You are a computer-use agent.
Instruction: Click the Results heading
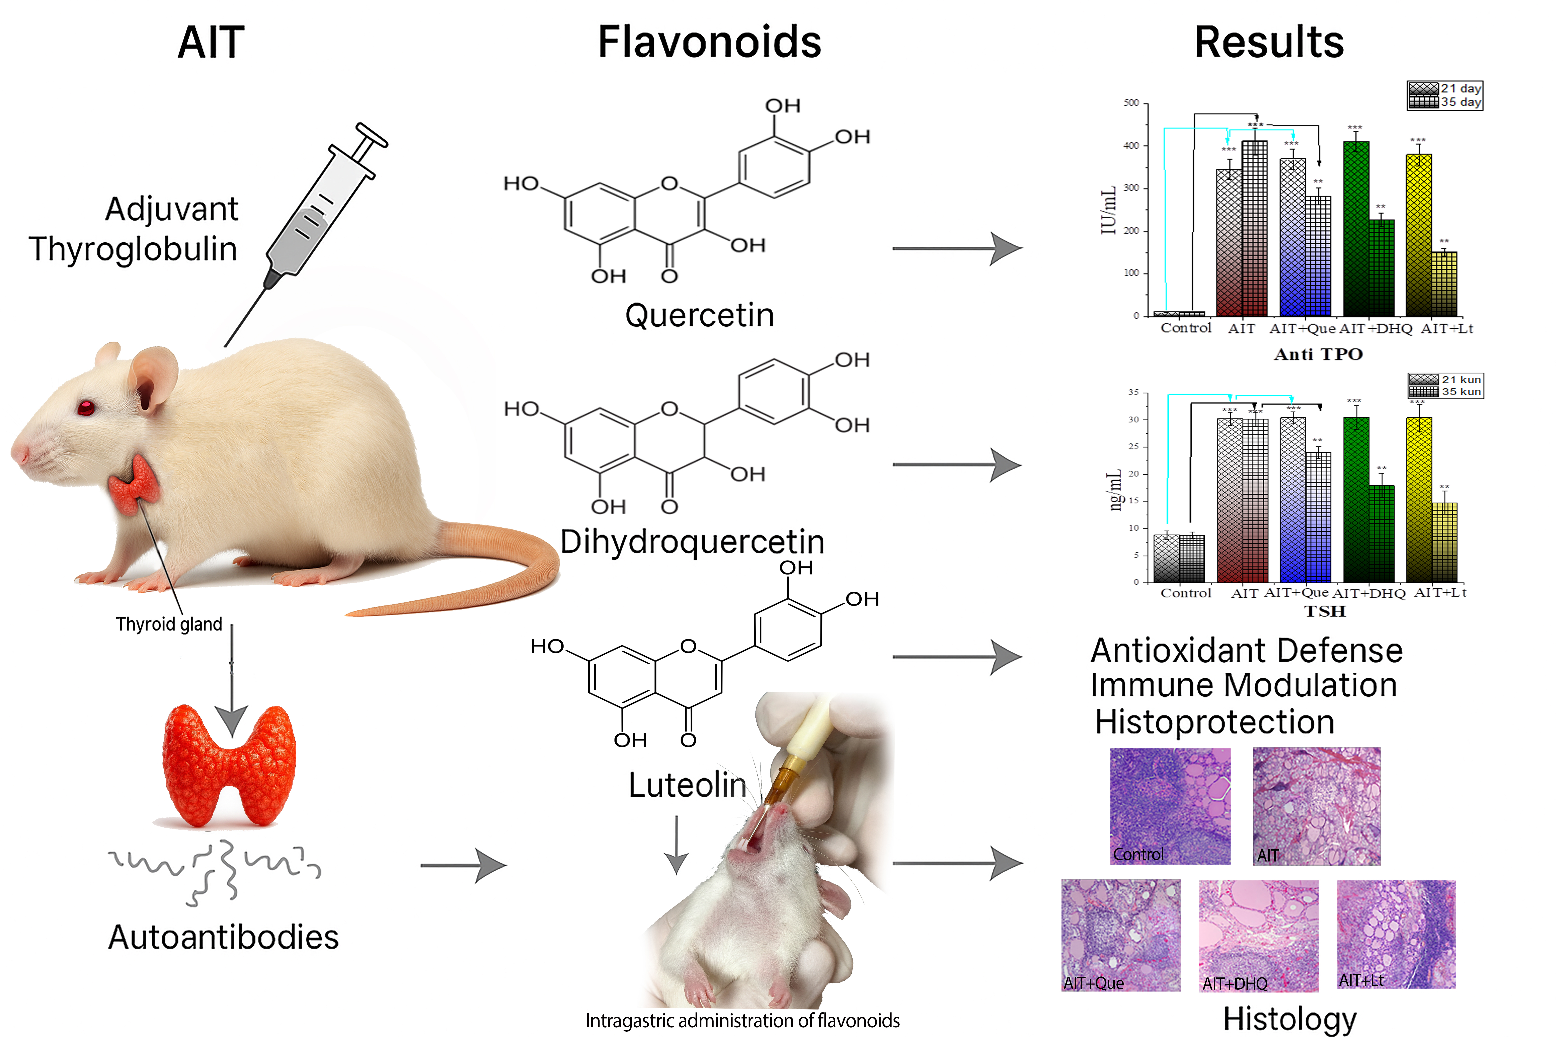(1268, 42)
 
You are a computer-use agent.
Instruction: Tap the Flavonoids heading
(709, 42)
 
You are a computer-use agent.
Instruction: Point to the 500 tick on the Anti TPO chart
(1131, 103)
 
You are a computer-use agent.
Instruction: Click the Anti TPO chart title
(1318, 354)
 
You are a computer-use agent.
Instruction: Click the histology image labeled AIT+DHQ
(1258, 934)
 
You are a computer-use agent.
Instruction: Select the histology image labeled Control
(1170, 806)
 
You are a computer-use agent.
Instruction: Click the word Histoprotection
(1214, 721)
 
